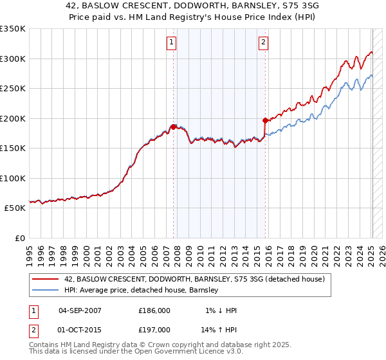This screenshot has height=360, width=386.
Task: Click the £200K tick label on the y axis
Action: [13, 118]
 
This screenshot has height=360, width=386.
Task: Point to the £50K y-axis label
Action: [15, 208]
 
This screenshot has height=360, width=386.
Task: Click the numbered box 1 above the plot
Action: [172, 43]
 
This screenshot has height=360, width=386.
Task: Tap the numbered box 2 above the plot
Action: [264, 43]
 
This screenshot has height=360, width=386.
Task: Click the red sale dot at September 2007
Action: [173, 127]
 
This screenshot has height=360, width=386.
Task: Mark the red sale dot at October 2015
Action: [265, 120]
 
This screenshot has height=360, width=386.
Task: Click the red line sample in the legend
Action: [46, 280]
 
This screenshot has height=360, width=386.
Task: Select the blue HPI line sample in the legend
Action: [46, 291]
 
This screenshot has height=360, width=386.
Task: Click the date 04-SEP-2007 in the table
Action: [80, 310]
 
